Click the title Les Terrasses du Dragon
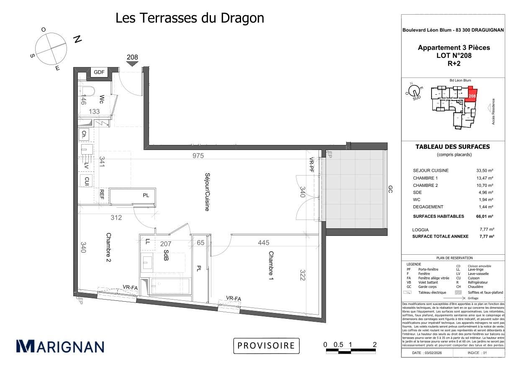click(190, 18)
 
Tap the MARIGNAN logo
click(60, 346)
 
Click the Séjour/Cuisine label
click(207, 191)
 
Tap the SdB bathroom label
click(166, 256)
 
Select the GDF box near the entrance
click(99, 72)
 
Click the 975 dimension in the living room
click(198, 155)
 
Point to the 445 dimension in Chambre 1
click(264, 243)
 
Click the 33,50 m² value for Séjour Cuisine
click(485, 171)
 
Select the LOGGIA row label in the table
click(421, 230)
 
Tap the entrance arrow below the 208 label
click(132, 64)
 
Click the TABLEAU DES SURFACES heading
click(452, 147)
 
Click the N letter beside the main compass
click(77, 39)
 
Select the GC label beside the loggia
click(390, 189)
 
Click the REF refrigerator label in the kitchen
click(102, 193)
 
